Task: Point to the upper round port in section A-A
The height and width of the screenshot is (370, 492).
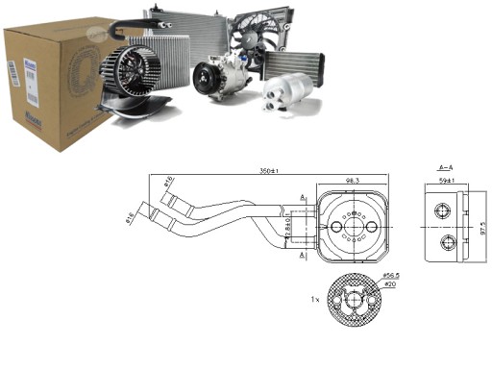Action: [444, 210]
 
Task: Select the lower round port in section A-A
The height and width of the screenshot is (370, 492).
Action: [444, 241]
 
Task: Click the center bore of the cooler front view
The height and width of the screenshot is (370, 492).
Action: [353, 227]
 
